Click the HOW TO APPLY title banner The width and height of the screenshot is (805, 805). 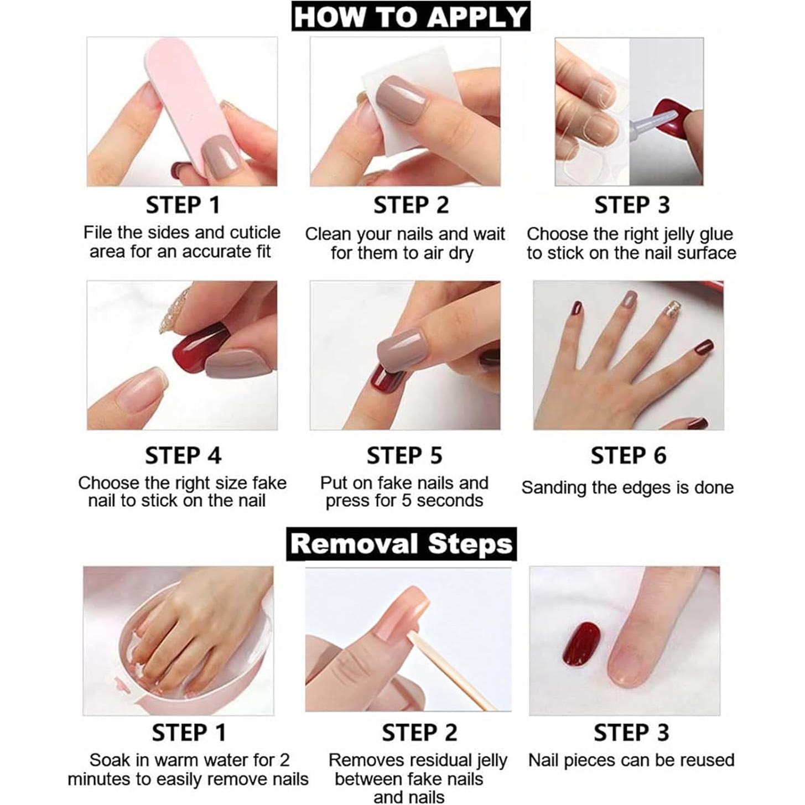(x=411, y=17)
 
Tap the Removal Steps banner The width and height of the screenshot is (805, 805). (x=401, y=544)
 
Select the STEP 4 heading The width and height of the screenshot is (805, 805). (x=183, y=456)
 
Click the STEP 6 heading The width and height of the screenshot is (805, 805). (x=628, y=456)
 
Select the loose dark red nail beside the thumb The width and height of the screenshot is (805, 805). (x=582, y=645)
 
